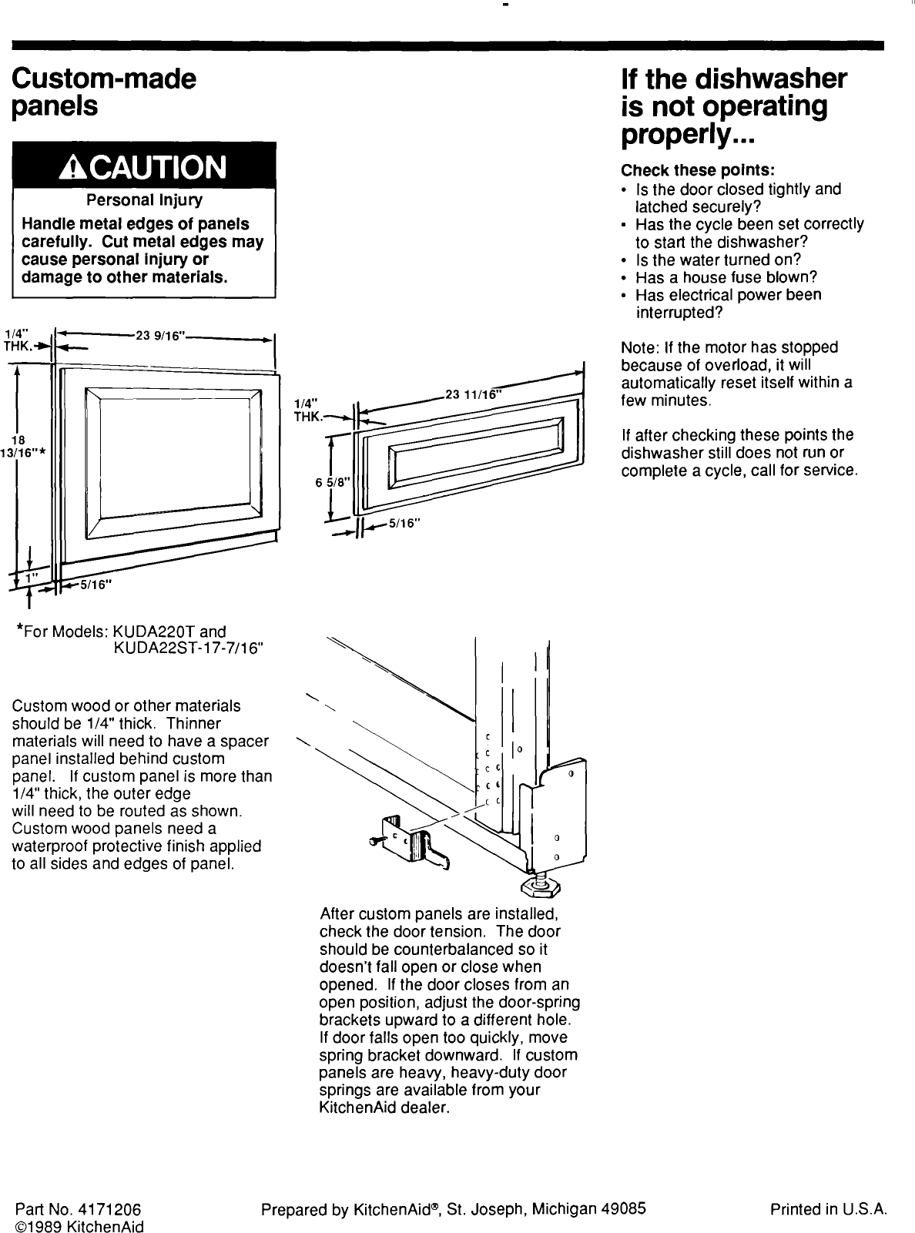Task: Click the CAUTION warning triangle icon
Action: pos(78,166)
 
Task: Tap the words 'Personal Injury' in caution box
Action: pos(144,200)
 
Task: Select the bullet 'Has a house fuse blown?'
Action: pos(726,277)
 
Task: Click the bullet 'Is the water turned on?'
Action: pos(718,260)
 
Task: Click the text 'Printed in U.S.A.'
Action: pos(829,1208)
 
